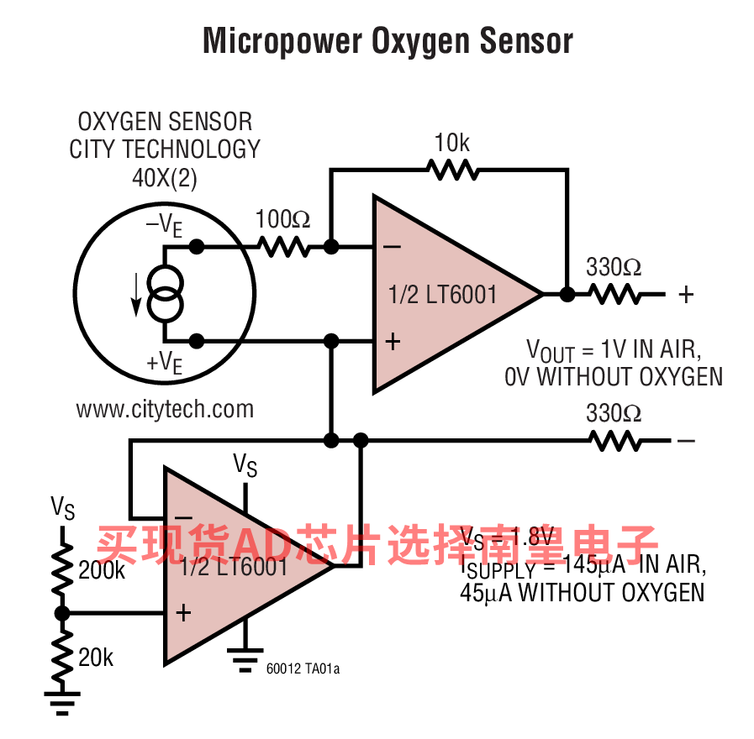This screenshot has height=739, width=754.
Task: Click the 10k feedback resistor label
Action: click(x=452, y=144)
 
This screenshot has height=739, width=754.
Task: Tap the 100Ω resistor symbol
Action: click(x=284, y=247)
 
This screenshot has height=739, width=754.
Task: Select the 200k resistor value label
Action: click(x=102, y=571)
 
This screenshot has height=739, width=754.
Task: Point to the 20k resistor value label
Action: click(x=96, y=658)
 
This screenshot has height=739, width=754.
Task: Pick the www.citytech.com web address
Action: click(x=165, y=409)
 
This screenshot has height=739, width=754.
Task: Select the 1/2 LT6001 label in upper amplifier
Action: click(x=442, y=295)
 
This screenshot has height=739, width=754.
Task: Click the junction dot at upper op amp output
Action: click(x=567, y=294)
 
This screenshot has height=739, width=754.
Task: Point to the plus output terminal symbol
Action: click(x=687, y=294)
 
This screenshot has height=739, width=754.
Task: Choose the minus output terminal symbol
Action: click(x=687, y=440)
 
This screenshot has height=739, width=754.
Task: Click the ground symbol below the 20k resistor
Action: click(x=61, y=697)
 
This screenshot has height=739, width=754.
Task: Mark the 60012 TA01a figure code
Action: click(x=303, y=669)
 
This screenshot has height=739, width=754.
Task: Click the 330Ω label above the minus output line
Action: click(x=614, y=414)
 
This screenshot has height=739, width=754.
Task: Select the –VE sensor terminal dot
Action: click(x=197, y=247)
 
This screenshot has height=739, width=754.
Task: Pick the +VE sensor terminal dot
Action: click(x=197, y=340)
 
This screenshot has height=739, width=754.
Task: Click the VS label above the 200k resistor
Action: click(x=63, y=508)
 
